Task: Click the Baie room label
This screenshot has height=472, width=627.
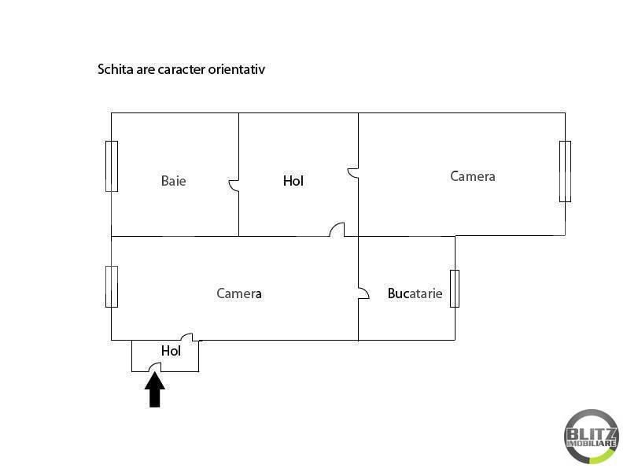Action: point(174,181)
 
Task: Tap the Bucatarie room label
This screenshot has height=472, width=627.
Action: point(415,293)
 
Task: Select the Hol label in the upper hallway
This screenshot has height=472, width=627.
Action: point(293,181)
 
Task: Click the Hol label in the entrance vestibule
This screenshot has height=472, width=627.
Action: point(171,351)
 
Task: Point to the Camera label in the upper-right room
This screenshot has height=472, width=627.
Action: point(473,176)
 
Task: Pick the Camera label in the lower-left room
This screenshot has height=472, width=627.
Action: point(239,293)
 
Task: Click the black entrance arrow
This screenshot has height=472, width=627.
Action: point(155,390)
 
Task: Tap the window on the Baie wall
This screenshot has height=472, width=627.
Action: point(112,166)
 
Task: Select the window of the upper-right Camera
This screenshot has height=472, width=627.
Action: point(565,171)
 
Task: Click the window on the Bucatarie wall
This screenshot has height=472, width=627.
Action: point(455,288)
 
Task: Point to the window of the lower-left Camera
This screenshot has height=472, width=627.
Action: point(112,286)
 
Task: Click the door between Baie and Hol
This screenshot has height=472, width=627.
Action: point(234,186)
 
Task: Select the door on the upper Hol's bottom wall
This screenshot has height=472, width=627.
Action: point(337,230)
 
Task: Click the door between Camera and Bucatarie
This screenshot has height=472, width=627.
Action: point(363,293)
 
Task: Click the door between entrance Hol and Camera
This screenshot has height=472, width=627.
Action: point(186,336)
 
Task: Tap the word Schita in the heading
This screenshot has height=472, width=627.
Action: point(114,69)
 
